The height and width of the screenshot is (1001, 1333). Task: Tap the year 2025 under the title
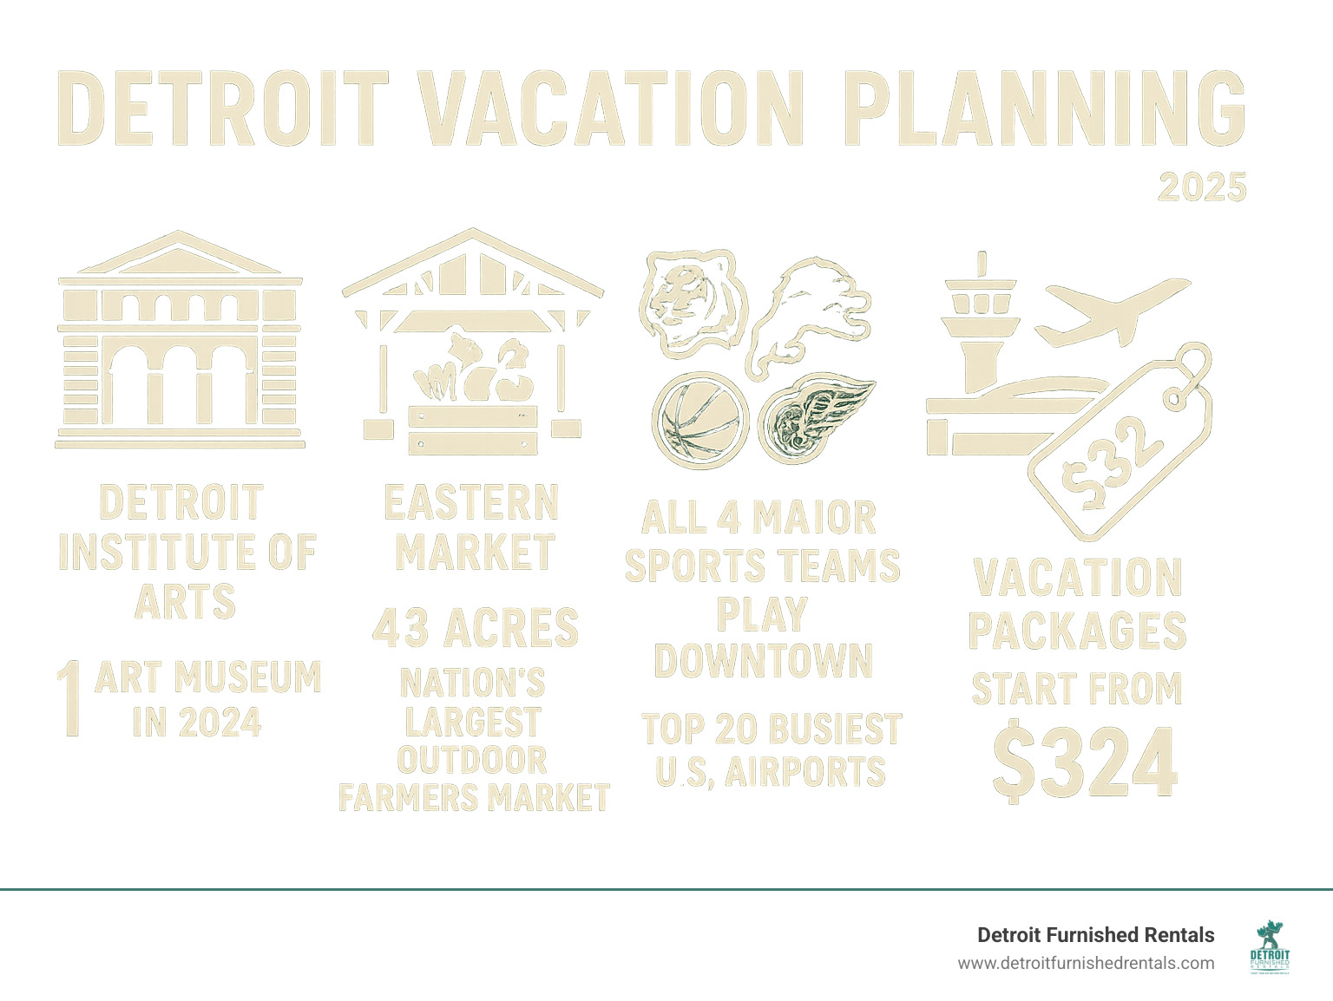click(x=1202, y=187)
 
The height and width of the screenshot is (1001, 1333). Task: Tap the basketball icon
click(x=699, y=420)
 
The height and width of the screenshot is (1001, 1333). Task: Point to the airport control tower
click(x=982, y=338)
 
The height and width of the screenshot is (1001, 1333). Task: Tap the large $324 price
click(x=1085, y=762)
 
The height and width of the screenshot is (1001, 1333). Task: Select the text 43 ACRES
click(x=475, y=628)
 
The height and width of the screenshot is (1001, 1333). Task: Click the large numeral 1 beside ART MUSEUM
click(x=72, y=698)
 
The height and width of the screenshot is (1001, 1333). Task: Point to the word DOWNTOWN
click(x=763, y=660)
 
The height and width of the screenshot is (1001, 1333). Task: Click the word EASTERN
click(x=472, y=503)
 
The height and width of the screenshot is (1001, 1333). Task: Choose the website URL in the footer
click(x=1086, y=963)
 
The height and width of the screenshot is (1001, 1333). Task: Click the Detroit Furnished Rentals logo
click(x=1270, y=948)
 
